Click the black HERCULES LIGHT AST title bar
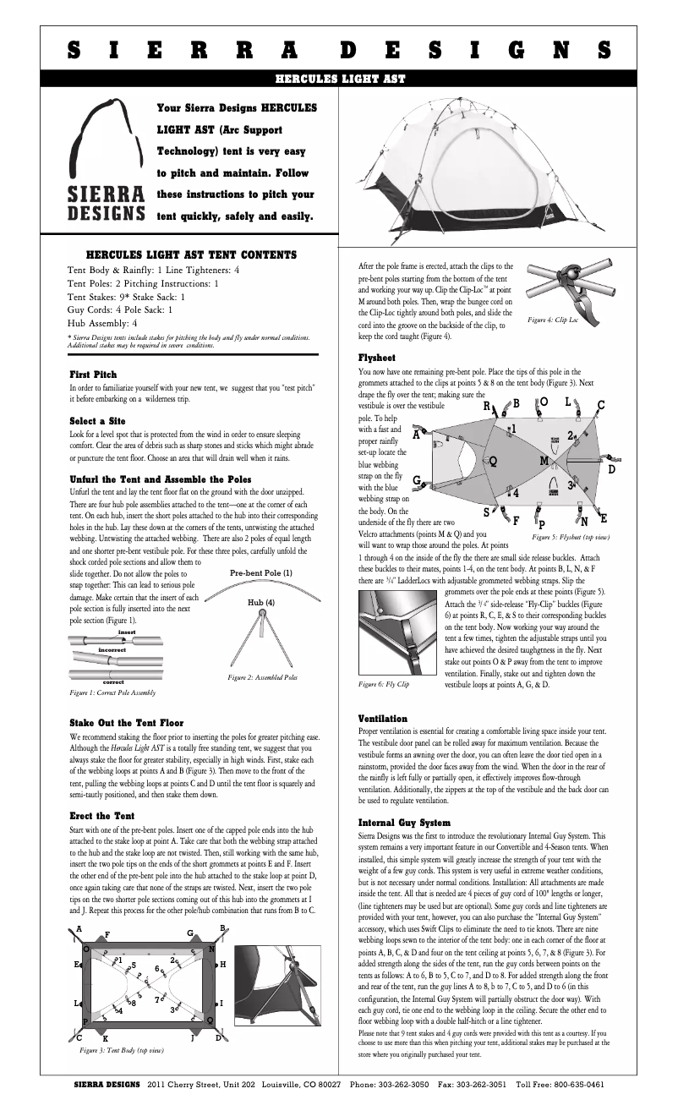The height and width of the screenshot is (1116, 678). [x=339, y=79]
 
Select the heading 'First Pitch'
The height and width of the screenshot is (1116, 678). [x=93, y=374]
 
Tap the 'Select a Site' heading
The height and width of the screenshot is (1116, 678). [x=97, y=420]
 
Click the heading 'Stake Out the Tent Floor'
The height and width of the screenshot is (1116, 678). [x=126, y=723]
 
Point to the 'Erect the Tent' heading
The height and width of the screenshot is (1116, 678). [x=101, y=816]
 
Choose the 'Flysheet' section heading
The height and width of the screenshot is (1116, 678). [x=377, y=358]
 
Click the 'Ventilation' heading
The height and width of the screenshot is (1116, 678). [x=383, y=719]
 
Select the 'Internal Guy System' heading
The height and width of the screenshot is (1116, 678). [x=404, y=823]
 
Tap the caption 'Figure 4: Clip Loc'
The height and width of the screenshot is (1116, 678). [x=553, y=320]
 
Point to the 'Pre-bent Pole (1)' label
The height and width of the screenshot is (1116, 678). [x=261, y=573]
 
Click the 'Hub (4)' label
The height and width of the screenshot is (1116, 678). [x=260, y=602]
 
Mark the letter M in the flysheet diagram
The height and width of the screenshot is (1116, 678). [x=545, y=461]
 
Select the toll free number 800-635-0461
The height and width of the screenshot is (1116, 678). [x=577, y=1084]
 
